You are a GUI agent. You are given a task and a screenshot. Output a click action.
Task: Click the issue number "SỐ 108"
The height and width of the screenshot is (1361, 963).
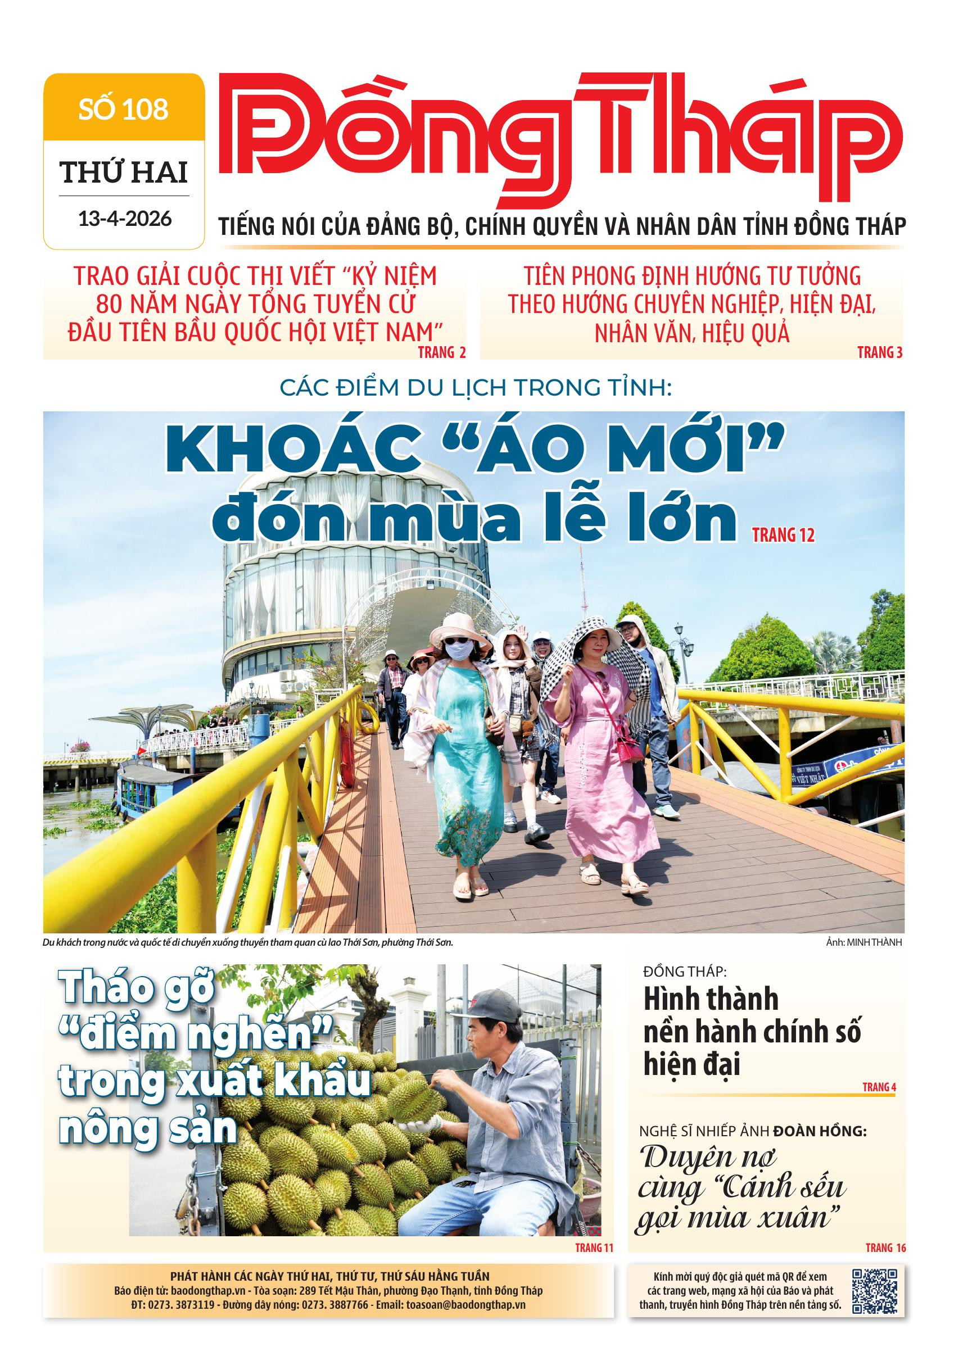click(124, 110)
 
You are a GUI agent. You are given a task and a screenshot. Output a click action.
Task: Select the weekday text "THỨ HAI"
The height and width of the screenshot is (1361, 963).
click(124, 173)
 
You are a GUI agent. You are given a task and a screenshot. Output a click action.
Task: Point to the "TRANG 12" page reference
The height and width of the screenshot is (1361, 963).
click(783, 536)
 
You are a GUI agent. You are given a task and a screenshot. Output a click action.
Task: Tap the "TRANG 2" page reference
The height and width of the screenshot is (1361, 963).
click(442, 353)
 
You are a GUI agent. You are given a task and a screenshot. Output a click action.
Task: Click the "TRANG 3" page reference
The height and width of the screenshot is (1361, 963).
click(880, 353)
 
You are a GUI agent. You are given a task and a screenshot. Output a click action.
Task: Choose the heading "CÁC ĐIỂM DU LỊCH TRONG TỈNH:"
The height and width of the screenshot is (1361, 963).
click(475, 389)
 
